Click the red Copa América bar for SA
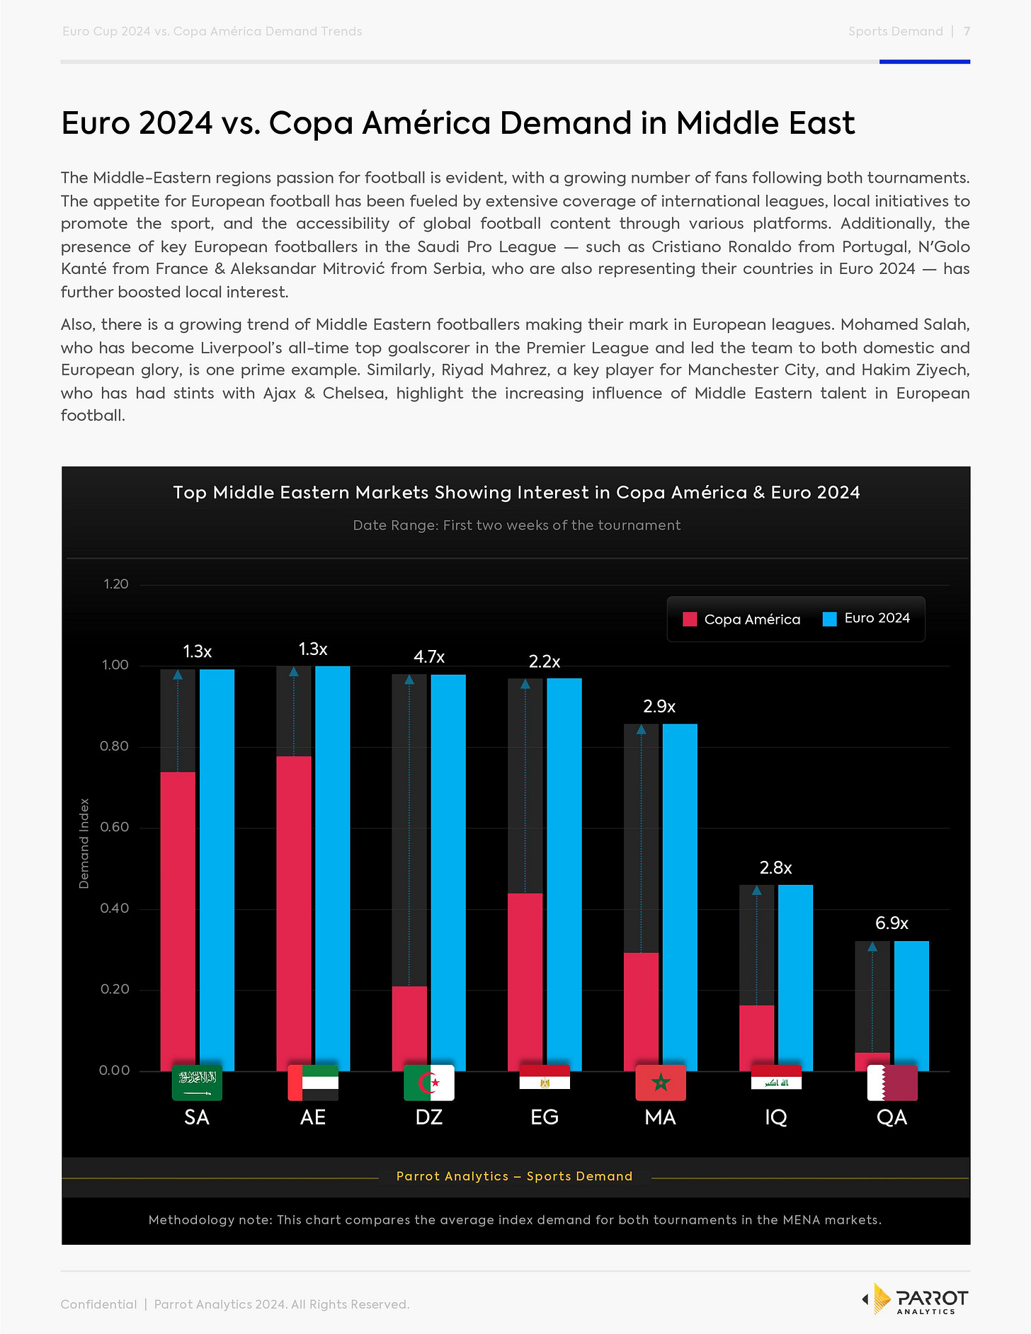[x=178, y=920]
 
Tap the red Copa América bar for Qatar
[x=872, y=1061]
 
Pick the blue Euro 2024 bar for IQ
[x=795, y=977]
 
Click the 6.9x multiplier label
[x=892, y=923]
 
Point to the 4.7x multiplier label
[x=429, y=657]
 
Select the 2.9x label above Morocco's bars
[x=659, y=707]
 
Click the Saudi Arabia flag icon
[x=197, y=1083]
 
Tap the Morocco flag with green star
[x=661, y=1083]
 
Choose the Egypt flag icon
[x=545, y=1078]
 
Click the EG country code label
[x=545, y=1117]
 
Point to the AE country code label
[x=313, y=1117]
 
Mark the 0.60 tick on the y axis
[x=114, y=827]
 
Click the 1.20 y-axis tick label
[x=116, y=584]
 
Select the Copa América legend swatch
[x=690, y=620]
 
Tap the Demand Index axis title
[x=84, y=843]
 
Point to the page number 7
[x=967, y=31]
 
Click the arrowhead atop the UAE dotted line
[x=294, y=671]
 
